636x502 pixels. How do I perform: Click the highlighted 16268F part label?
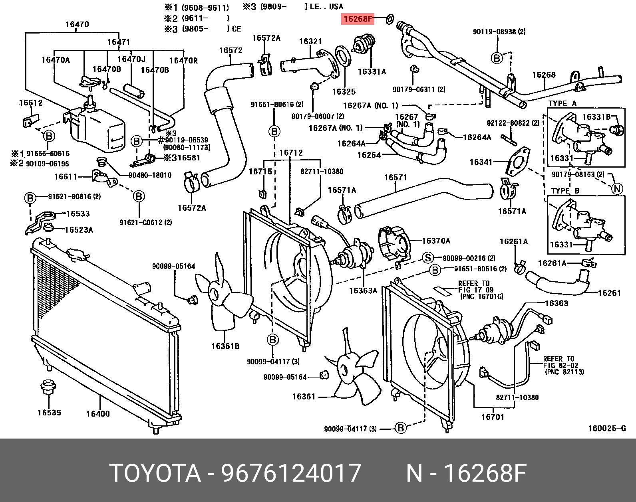tap(357, 18)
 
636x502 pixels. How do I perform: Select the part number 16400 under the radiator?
tap(98, 414)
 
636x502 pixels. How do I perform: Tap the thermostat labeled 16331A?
tap(364, 46)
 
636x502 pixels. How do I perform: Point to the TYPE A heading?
tap(562, 104)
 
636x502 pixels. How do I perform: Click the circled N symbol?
tap(617, 188)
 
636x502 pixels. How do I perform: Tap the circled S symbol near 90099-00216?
tap(428, 258)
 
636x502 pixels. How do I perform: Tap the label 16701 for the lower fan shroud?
tap(492, 417)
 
